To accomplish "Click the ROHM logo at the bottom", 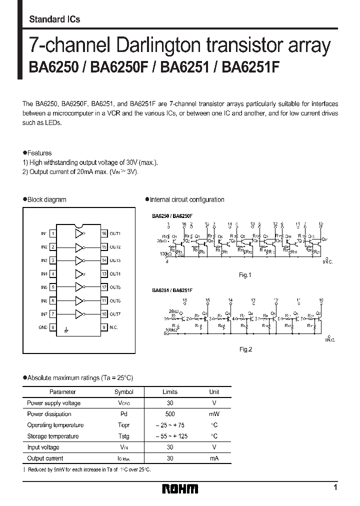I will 180,488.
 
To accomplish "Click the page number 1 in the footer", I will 335,487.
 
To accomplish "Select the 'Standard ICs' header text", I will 54,19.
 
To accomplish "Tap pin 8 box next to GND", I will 53,327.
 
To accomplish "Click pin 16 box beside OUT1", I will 104,233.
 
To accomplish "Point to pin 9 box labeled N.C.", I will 104,327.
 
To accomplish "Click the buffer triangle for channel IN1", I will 79,233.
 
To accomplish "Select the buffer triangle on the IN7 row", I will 79,314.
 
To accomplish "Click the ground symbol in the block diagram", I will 66,330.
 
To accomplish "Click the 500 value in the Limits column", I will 170,414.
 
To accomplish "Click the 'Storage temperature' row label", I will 53,436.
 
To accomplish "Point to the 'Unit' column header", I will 214,392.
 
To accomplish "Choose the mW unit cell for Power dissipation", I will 214,414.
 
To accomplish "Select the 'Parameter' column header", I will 63,392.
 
